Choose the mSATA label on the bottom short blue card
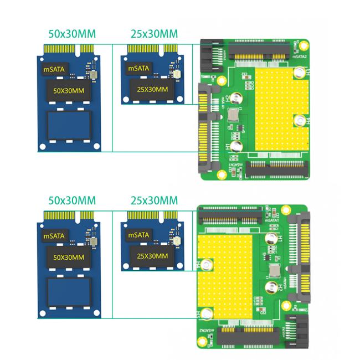138,235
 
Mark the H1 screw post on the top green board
236,147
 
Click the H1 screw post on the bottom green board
272,239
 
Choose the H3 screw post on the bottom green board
206,314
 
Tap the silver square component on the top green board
233,115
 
